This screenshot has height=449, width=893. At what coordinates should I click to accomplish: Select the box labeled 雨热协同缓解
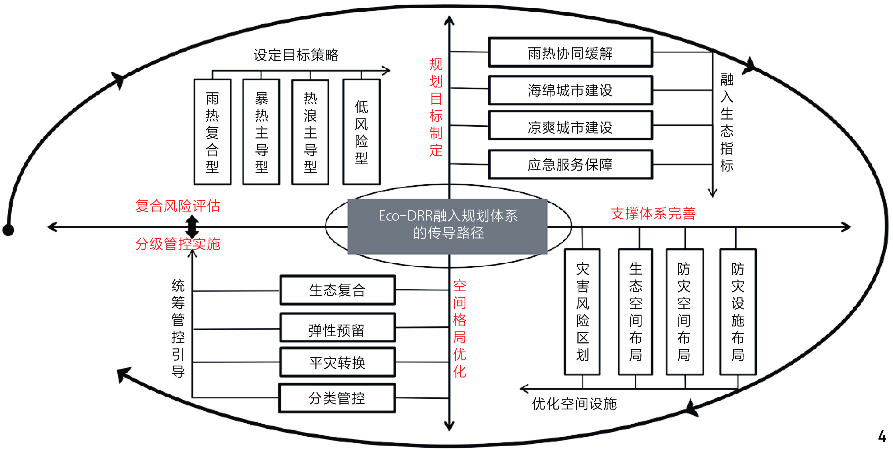click(x=570, y=53)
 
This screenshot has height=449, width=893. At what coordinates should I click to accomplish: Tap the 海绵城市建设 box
click(x=570, y=90)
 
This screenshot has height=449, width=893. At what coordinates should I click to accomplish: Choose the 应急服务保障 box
click(x=570, y=165)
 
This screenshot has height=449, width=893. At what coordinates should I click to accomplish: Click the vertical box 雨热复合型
click(x=212, y=132)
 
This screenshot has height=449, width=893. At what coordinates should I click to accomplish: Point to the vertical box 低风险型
click(x=361, y=132)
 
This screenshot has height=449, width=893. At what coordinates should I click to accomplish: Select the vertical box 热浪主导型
click(x=310, y=132)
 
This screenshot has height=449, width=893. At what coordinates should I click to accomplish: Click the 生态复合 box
click(x=337, y=290)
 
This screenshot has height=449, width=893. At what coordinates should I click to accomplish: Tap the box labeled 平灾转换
click(x=337, y=363)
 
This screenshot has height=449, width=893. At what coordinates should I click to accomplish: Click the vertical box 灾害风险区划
click(x=582, y=312)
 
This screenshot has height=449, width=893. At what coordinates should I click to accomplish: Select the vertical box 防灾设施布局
click(x=738, y=312)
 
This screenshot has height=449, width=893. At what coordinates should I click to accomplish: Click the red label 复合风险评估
click(x=178, y=206)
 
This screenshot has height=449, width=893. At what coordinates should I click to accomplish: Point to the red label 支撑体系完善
click(x=653, y=213)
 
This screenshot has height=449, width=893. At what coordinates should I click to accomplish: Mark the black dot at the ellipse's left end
click(x=8, y=230)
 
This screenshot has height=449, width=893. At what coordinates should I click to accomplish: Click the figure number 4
click(x=882, y=436)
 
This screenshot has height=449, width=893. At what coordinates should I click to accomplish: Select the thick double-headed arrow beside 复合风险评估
click(x=192, y=227)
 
